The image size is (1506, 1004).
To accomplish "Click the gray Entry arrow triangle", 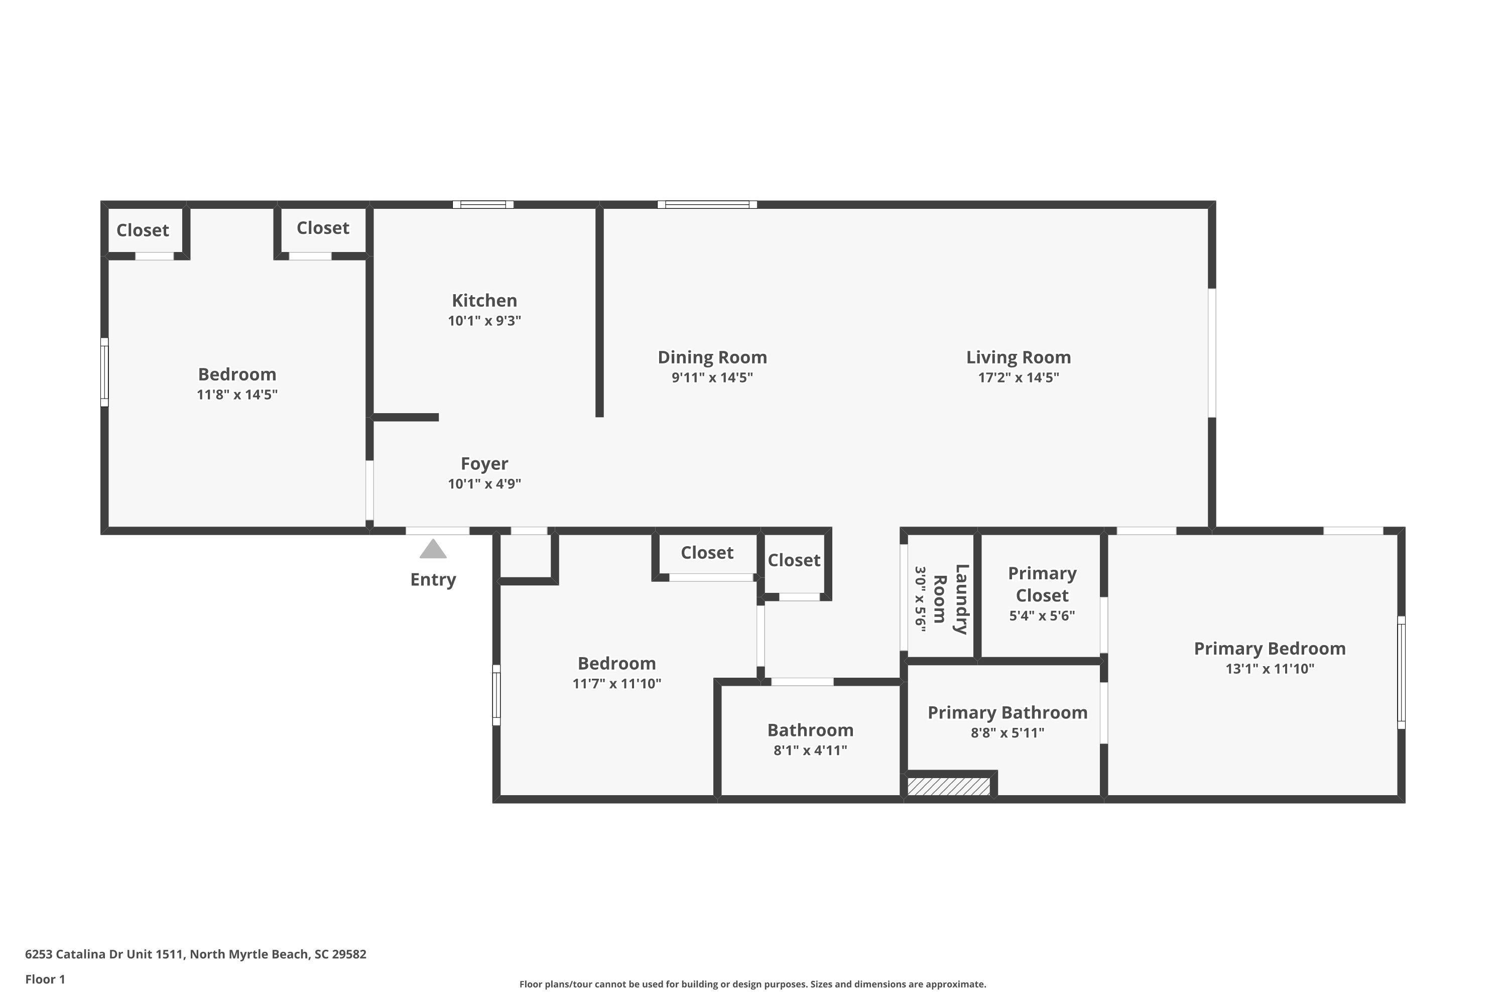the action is pyautogui.click(x=433, y=549).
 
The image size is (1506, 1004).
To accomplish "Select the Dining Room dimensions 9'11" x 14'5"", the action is pyautogui.click(x=712, y=377).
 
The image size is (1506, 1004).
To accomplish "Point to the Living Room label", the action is pyautogui.click(x=1018, y=357).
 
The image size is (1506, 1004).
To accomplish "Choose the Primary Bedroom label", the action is pyautogui.click(x=1270, y=649).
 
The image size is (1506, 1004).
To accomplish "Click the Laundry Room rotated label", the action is pyautogui.click(x=950, y=599).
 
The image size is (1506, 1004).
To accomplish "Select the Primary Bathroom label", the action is pyautogui.click(x=1007, y=713).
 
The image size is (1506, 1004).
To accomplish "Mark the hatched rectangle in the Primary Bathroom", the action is pyautogui.click(x=948, y=786).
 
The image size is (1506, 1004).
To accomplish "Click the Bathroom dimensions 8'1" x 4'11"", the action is pyautogui.click(x=810, y=750).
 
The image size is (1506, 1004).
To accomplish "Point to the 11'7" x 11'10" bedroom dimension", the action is pyautogui.click(x=616, y=683).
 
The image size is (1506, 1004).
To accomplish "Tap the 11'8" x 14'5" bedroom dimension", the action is pyautogui.click(x=237, y=395).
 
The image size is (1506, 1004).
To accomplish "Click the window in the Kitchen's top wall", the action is pyautogui.click(x=483, y=205).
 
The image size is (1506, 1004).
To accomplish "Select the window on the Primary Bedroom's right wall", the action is pyautogui.click(x=1401, y=672).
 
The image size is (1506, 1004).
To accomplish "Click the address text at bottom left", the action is pyautogui.click(x=195, y=954).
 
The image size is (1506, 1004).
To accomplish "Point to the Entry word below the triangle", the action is pyautogui.click(x=433, y=579).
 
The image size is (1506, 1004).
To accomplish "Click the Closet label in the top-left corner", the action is pyautogui.click(x=142, y=230).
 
